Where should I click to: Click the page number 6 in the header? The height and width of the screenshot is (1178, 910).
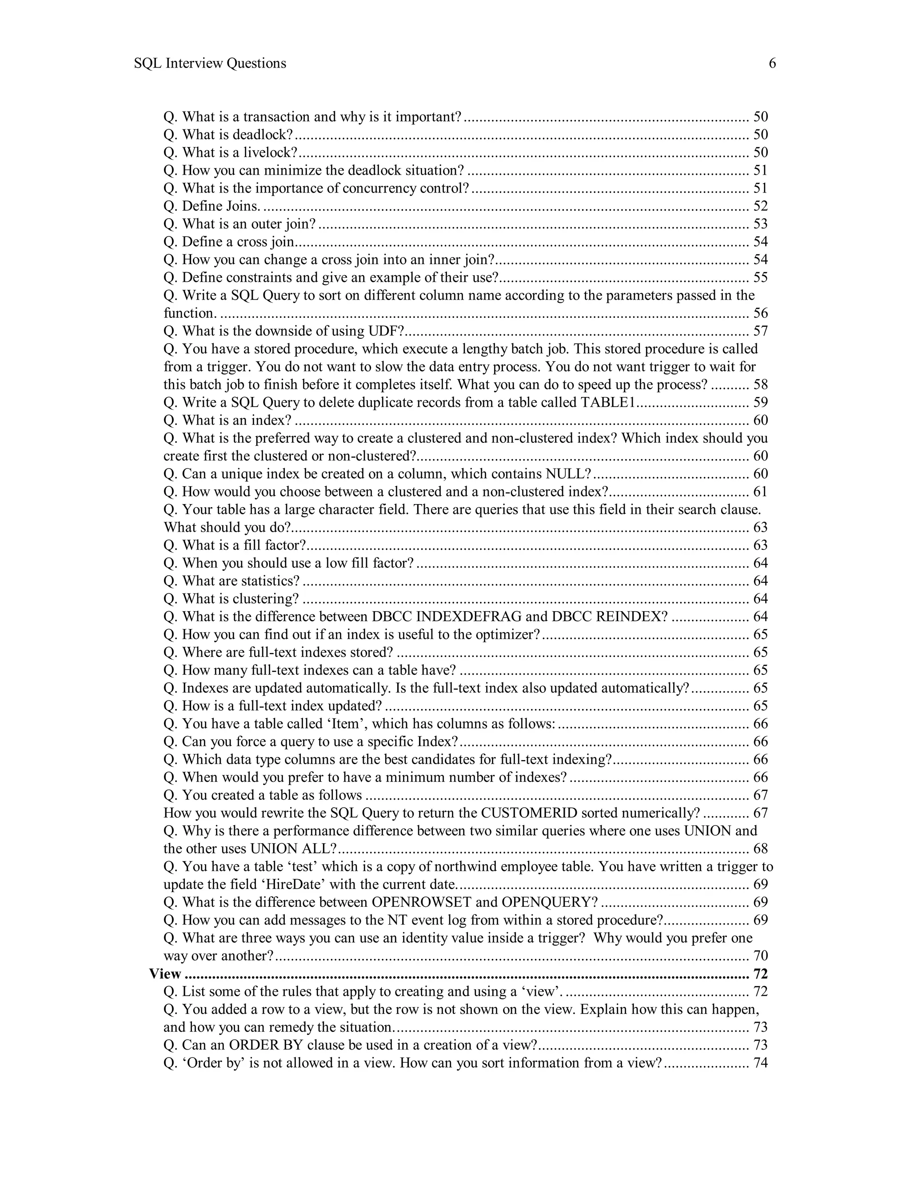tap(772, 64)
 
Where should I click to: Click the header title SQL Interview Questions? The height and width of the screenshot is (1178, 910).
tap(210, 64)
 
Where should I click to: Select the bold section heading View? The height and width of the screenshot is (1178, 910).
tap(165, 974)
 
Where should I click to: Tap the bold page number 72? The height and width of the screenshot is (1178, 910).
tap(759, 974)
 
